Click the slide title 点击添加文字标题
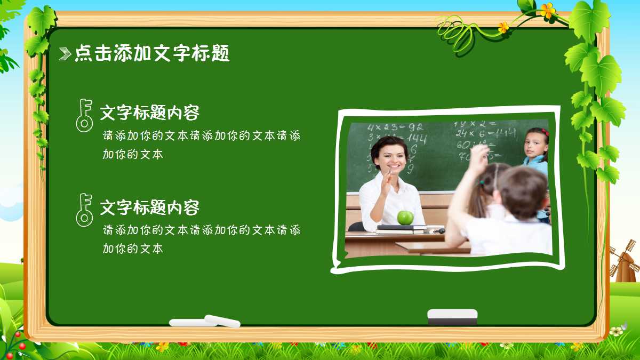pyautogui.click(x=152, y=53)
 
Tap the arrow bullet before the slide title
pyautogui.click(x=65, y=53)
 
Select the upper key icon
pyautogui.click(x=84, y=115)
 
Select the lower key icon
pyautogui.click(x=84, y=209)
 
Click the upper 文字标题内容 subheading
pyautogui.click(x=150, y=113)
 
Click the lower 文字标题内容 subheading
pyautogui.click(x=150, y=207)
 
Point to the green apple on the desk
pyautogui.click(x=405, y=217)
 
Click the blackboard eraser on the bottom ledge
pyautogui.click(x=452, y=316)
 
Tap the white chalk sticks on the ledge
pyautogui.click(x=205, y=322)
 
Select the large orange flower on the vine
pyautogui.click(x=547, y=10)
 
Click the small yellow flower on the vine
pyautogui.click(x=503, y=27)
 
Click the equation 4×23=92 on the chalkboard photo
pyautogui.click(x=395, y=127)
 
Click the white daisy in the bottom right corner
pyautogui.click(x=617, y=331)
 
